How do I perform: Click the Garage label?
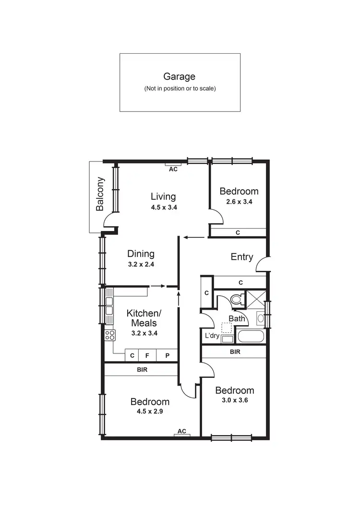[x=180, y=76]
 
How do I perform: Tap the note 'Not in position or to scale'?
[x=180, y=89]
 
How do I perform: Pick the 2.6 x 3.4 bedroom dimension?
[x=239, y=202]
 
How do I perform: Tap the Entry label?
[x=242, y=257]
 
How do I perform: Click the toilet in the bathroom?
[x=236, y=299]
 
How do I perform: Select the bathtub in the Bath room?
[x=251, y=336]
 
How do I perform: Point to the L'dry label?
[x=212, y=336]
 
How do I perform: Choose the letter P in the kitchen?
[x=168, y=356]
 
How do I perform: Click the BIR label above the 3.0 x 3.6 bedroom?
[x=235, y=352]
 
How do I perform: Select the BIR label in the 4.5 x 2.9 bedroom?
[x=142, y=370]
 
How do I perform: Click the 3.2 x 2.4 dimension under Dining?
[x=141, y=264]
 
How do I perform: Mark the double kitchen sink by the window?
[x=109, y=306]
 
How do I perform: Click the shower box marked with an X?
[x=255, y=299]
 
